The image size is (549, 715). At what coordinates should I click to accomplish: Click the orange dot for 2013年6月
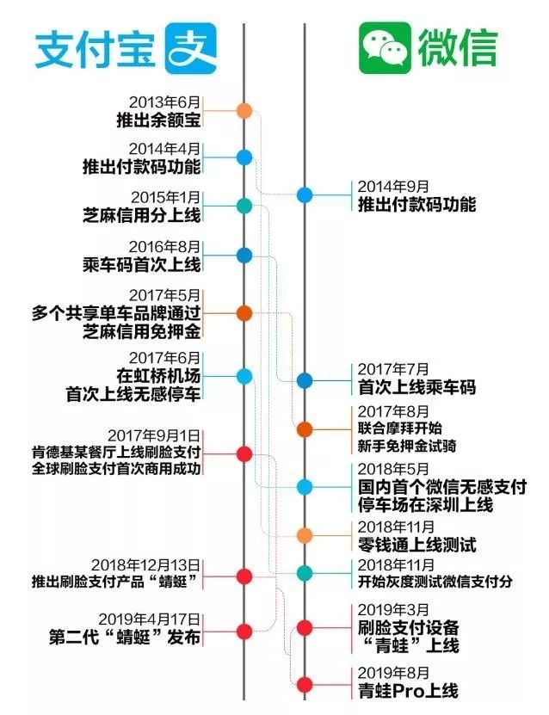tap(244, 110)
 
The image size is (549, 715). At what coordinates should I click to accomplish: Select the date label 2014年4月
tap(164, 148)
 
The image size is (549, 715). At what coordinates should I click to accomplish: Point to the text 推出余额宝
tap(158, 119)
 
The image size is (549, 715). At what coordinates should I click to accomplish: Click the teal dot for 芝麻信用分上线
tap(244, 206)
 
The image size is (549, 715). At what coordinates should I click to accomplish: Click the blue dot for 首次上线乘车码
tap(305, 380)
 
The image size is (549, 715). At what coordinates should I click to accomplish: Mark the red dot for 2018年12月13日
tap(244, 576)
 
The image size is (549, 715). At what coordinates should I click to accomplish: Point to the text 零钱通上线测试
tap(417, 545)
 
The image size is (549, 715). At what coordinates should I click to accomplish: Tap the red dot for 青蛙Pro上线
tap(305, 684)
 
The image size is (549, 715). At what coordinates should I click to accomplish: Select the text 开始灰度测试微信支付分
tap(436, 582)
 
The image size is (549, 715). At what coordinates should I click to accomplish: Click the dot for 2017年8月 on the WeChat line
tap(305, 428)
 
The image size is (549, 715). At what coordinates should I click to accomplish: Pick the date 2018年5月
tap(392, 471)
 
